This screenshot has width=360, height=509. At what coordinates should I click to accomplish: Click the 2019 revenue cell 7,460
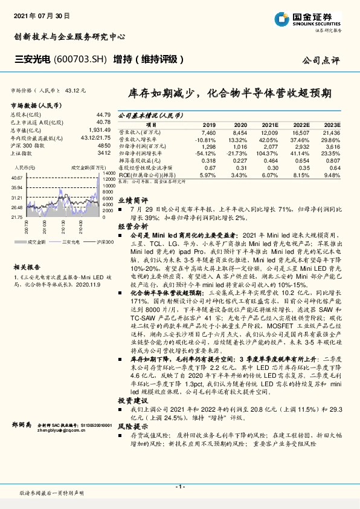[208, 131]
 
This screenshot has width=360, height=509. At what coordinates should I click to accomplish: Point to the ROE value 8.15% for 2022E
[300, 175]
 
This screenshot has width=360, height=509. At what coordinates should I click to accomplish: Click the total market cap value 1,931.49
[100, 129]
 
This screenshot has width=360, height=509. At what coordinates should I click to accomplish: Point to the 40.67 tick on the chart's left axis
[17, 178]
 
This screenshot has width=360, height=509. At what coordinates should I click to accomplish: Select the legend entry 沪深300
[102, 241]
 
